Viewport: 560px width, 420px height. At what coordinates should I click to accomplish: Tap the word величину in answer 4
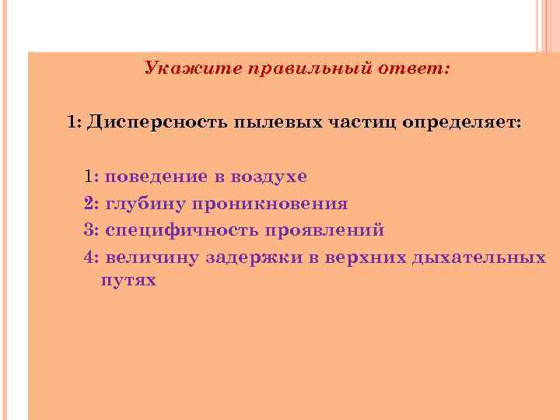click(x=150, y=257)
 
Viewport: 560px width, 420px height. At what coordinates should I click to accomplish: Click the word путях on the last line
click(x=128, y=281)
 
